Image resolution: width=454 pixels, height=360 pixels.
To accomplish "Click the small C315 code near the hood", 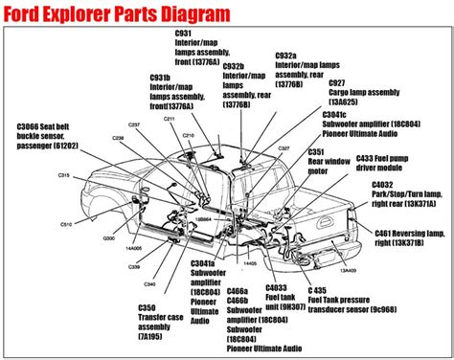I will [63, 175].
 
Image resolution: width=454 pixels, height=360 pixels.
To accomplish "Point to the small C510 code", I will [66, 223].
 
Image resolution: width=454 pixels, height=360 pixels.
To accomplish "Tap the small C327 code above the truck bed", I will [284, 149].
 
